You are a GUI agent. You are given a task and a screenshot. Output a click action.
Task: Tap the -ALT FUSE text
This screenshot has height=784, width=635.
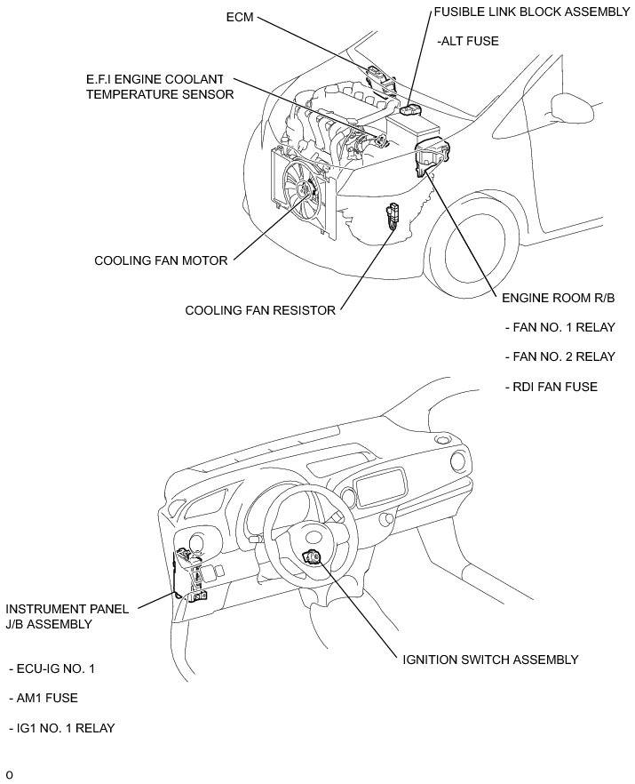(x=467, y=40)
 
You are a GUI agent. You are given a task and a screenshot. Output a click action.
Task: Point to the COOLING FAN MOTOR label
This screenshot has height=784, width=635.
(x=161, y=260)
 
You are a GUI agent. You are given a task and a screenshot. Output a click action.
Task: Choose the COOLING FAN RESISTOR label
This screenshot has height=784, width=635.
(x=260, y=310)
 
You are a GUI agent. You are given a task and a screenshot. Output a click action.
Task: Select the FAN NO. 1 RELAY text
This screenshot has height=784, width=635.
(x=560, y=327)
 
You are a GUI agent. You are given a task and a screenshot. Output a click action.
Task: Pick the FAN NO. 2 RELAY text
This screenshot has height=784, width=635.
(x=560, y=356)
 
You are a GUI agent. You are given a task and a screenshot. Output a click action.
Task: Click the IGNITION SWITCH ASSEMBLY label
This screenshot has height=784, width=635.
(x=490, y=660)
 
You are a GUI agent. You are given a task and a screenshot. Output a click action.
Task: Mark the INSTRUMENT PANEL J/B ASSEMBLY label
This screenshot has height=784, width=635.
(x=67, y=616)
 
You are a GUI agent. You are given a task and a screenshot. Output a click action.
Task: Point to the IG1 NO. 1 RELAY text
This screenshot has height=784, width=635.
(x=61, y=728)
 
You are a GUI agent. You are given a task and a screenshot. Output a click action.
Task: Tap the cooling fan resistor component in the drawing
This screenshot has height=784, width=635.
(x=391, y=216)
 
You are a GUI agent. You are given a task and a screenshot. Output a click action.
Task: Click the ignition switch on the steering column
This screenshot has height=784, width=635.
(x=312, y=558)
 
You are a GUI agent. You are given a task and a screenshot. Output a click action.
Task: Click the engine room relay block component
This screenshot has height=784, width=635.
(x=432, y=158)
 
